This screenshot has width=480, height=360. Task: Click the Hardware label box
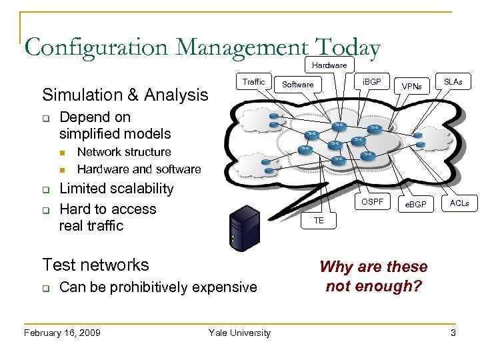[329, 65]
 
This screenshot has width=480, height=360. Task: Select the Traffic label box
[253, 82]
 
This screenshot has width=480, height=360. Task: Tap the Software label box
[297, 85]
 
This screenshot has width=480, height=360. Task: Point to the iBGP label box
[371, 82]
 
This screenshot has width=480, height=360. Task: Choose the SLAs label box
[453, 82]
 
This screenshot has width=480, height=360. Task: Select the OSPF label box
[372, 202]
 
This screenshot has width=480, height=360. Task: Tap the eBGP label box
[416, 203]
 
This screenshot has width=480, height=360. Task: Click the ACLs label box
[459, 203]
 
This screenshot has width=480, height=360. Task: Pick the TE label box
[319, 221]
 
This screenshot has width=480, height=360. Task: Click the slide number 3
[453, 333]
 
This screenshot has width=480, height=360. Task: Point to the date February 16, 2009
[62, 333]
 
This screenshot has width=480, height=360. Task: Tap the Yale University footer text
[239, 333]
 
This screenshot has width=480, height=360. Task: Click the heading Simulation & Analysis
[125, 95]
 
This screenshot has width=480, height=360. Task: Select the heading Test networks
[95, 265]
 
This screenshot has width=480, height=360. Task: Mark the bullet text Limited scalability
[117, 189]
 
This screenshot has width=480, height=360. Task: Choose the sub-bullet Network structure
[124, 152]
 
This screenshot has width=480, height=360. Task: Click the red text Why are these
[373, 267]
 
